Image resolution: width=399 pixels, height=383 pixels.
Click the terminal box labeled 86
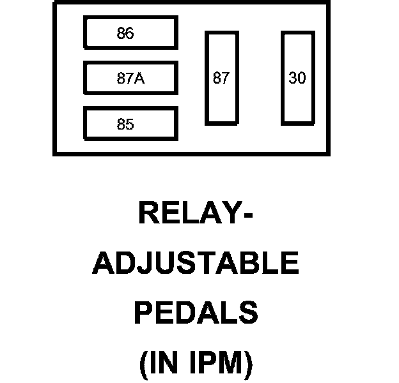tap(130, 33)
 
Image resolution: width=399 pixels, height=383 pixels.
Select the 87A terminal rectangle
tap(130, 79)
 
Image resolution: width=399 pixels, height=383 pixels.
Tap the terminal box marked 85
tap(130, 124)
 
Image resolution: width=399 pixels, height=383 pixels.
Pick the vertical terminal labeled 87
tap(221, 78)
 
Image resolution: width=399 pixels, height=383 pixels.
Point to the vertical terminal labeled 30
tap(297, 78)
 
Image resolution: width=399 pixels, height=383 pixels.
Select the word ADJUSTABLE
tap(196, 263)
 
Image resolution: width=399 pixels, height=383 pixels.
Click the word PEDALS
tap(196, 313)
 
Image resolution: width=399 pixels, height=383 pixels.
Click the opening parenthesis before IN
tap(143, 364)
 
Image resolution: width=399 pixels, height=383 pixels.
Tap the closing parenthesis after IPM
tap(248, 364)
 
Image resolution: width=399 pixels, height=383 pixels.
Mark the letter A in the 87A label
tap(139, 79)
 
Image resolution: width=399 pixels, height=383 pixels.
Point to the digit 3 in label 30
tap(293, 78)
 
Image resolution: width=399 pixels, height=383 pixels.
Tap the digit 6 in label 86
tap(130, 33)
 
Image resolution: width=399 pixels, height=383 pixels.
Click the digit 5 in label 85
tap(130, 124)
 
